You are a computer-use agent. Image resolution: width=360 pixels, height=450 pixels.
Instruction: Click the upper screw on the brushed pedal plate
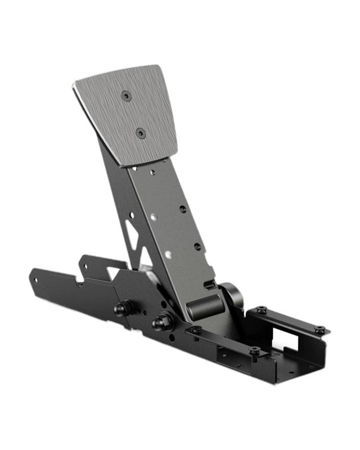(x=126, y=96)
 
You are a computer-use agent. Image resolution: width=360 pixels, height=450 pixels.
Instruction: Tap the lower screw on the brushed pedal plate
(x=141, y=133)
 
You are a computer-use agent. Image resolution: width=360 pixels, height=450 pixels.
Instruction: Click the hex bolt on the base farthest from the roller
(x=122, y=308)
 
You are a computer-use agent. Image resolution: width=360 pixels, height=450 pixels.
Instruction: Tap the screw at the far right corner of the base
(x=319, y=329)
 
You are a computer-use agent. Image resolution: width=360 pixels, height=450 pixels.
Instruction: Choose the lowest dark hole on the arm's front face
(x=197, y=246)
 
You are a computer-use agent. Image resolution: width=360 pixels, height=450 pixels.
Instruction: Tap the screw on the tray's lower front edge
(x=255, y=351)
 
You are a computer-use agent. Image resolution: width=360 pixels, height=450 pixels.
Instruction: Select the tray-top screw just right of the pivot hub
(x=261, y=310)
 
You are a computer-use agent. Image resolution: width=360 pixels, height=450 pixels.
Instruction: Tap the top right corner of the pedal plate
(x=164, y=66)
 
